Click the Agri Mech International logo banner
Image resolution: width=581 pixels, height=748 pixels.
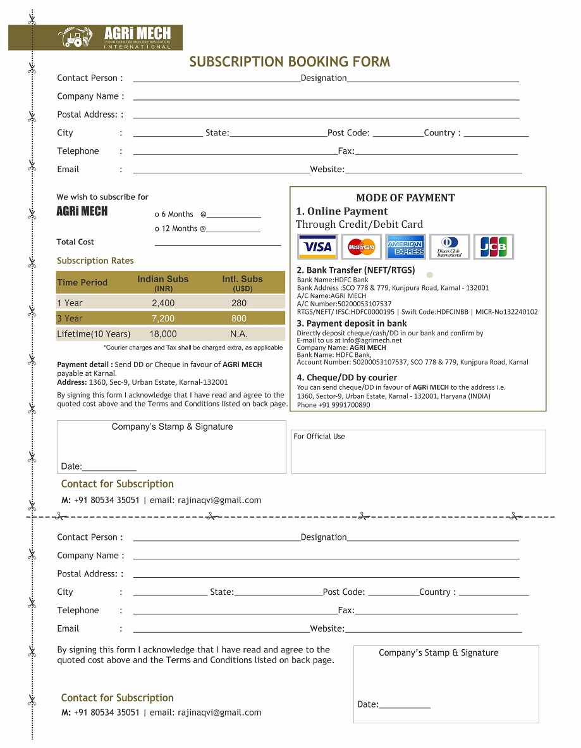coord(95,37)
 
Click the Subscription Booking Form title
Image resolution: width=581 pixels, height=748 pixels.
coord(290,62)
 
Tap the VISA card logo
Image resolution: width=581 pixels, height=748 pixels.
coord(317,247)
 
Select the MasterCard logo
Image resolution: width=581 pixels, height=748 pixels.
coord(362,247)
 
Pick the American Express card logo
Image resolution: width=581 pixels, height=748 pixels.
coord(405,247)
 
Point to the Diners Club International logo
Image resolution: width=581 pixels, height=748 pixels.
coord(450,247)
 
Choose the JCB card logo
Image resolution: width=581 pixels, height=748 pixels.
coord(494,247)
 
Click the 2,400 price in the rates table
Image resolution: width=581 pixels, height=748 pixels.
coord(163,303)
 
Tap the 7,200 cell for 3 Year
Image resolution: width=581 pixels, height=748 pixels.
coord(163,318)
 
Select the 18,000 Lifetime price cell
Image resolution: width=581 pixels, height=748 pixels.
coord(163,334)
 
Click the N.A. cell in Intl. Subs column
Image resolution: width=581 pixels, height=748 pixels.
coord(239,334)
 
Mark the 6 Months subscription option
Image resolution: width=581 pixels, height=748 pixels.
coord(157,215)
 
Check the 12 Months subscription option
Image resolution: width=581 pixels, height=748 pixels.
coord(157,228)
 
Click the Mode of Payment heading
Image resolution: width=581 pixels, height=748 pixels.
coord(405,198)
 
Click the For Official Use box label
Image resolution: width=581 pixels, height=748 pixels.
coord(319,437)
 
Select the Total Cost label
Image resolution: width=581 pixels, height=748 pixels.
coord(75,242)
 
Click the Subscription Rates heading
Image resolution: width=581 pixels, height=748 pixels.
coord(95,261)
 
